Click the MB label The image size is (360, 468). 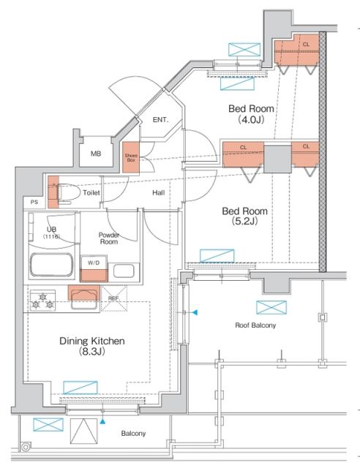point(96,154)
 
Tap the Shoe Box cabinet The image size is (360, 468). point(131,157)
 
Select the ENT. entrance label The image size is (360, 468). point(160,120)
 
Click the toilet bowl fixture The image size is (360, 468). point(69,193)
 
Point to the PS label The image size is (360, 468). point(34,202)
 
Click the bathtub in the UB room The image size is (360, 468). point(51,265)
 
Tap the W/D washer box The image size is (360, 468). point(94,268)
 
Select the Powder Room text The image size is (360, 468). point(109,238)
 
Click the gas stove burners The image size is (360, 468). point(42,301)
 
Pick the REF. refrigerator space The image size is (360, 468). point(114,298)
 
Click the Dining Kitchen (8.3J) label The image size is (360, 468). point(92,346)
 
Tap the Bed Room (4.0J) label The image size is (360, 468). point(251,114)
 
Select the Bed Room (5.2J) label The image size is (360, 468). point(244,216)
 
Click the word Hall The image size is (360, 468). point(158,193)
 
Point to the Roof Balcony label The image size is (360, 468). point(255,325)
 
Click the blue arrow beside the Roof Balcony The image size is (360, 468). point(195,312)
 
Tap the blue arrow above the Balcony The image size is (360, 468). point(102,421)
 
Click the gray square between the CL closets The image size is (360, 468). point(277,159)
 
